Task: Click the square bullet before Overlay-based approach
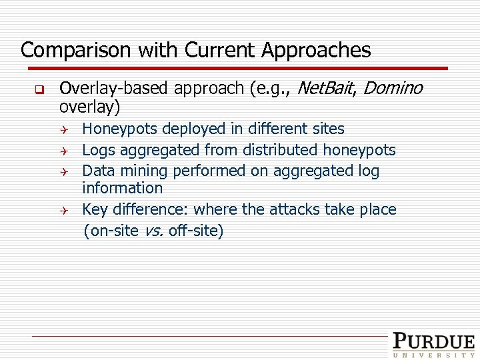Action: point(39,89)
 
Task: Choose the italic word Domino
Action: point(393,88)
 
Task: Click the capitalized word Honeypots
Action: point(120,129)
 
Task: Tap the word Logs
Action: point(97,151)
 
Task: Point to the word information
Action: point(122,189)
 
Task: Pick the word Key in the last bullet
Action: point(95,210)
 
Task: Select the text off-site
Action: point(196,231)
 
